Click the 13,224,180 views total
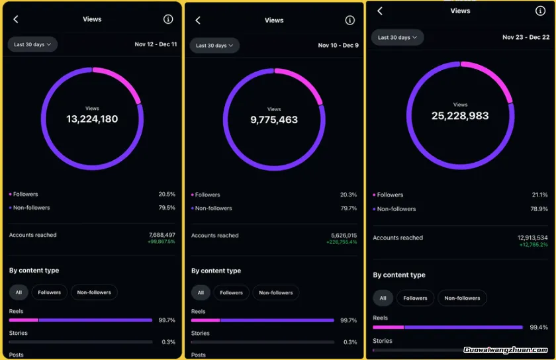click(x=92, y=119)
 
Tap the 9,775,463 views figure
click(x=274, y=120)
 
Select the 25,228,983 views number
click(x=460, y=116)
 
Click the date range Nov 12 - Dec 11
click(x=156, y=44)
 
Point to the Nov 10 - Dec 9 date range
click(x=338, y=45)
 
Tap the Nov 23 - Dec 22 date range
click(x=526, y=37)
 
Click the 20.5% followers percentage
click(x=167, y=195)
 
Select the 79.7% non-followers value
click(x=348, y=208)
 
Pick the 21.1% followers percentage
click(x=539, y=195)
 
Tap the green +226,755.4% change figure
click(x=342, y=242)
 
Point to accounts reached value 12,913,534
click(x=532, y=238)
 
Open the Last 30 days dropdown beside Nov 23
click(x=397, y=38)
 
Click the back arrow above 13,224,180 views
click(x=16, y=19)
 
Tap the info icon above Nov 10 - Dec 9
click(x=350, y=21)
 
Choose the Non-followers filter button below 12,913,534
click(x=462, y=298)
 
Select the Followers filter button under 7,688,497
click(x=49, y=292)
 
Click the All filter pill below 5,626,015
click(x=201, y=292)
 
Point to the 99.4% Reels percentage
click(x=539, y=327)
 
